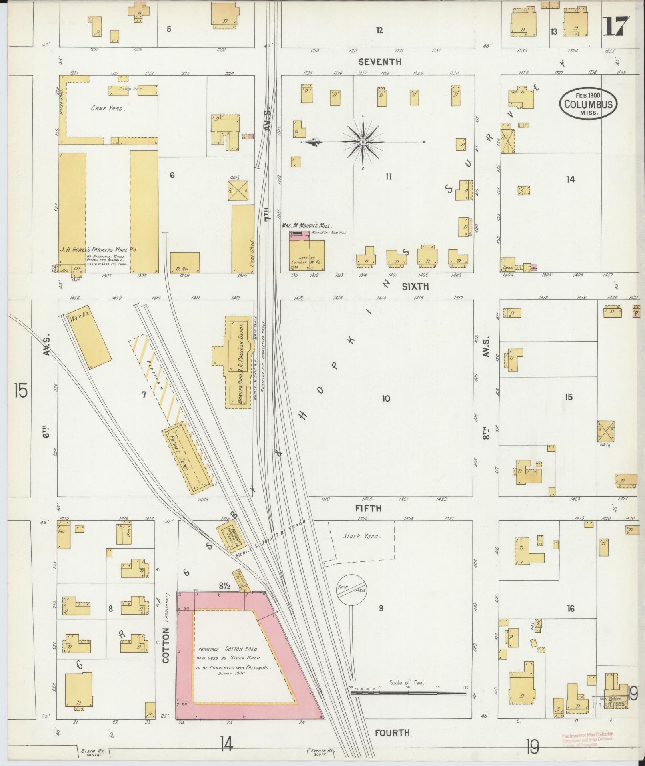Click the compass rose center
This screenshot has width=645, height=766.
coord(363,142)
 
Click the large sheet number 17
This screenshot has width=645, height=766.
coord(616,27)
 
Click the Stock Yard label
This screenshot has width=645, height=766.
coord(357,536)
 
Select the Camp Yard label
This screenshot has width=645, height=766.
coord(107,108)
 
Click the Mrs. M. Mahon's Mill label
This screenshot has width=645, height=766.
coord(307,226)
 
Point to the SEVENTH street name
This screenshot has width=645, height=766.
coord(379,62)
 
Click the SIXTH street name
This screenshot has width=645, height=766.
coord(415,286)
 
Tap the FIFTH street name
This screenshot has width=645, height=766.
coord(368,509)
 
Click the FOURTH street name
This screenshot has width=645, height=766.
coord(392,732)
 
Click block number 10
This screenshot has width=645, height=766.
coord(385,398)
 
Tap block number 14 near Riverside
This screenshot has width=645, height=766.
coord(570,179)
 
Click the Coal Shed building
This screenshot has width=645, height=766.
coord(242,239)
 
